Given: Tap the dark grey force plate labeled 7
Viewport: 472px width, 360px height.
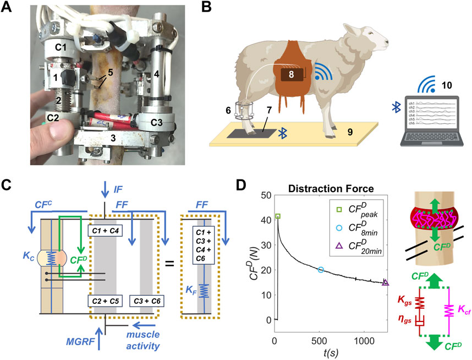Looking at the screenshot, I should click(x=255, y=134).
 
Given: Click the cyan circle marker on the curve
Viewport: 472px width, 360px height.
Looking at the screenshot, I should click(x=321, y=270).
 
